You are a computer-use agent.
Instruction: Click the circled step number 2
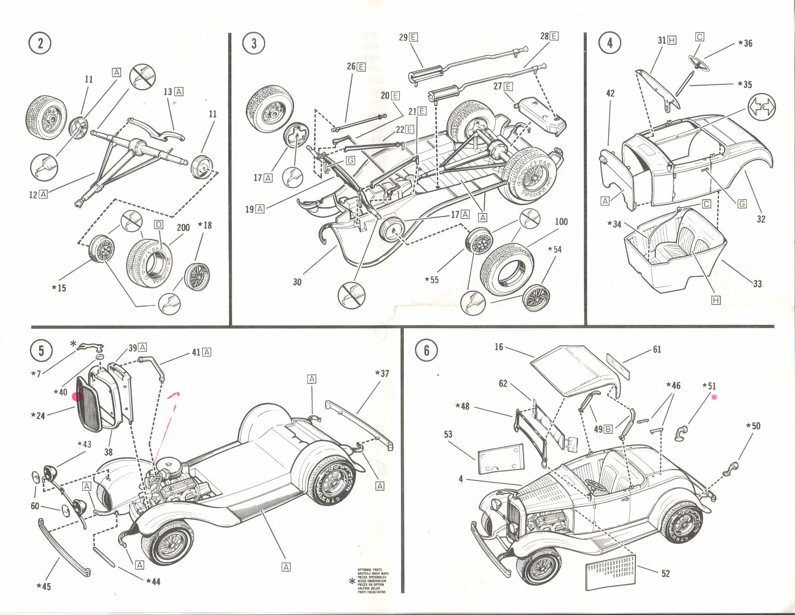click(x=40, y=43)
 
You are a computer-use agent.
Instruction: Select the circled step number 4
click(x=610, y=43)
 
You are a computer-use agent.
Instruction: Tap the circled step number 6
click(x=426, y=350)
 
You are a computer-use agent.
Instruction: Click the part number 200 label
click(x=183, y=228)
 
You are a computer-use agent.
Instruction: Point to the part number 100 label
click(x=561, y=222)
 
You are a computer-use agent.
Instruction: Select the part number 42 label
click(x=610, y=93)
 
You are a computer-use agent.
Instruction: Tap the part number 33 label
click(x=757, y=284)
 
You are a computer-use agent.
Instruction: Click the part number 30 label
click(x=297, y=282)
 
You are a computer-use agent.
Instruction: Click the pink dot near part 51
click(x=714, y=398)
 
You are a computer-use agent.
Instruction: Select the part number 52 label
click(x=666, y=574)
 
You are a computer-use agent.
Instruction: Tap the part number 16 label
click(x=499, y=347)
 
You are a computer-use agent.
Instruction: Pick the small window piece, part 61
click(x=618, y=366)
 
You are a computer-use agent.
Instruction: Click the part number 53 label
click(x=448, y=434)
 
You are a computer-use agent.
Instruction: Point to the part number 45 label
click(x=44, y=586)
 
